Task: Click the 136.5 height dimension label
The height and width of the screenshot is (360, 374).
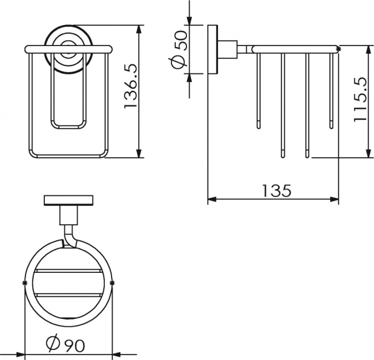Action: (x=130, y=89)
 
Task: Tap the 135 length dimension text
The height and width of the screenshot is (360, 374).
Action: (x=277, y=191)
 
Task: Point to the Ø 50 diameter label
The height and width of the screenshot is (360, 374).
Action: (x=180, y=49)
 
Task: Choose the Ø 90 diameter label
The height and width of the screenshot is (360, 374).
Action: (x=65, y=344)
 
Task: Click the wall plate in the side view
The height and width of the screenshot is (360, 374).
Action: (x=213, y=49)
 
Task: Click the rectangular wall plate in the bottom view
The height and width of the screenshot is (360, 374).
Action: (x=68, y=200)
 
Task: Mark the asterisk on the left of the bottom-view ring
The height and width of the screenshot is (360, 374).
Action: (x=24, y=283)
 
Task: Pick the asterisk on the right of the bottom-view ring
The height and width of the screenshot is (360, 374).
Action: (x=112, y=283)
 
